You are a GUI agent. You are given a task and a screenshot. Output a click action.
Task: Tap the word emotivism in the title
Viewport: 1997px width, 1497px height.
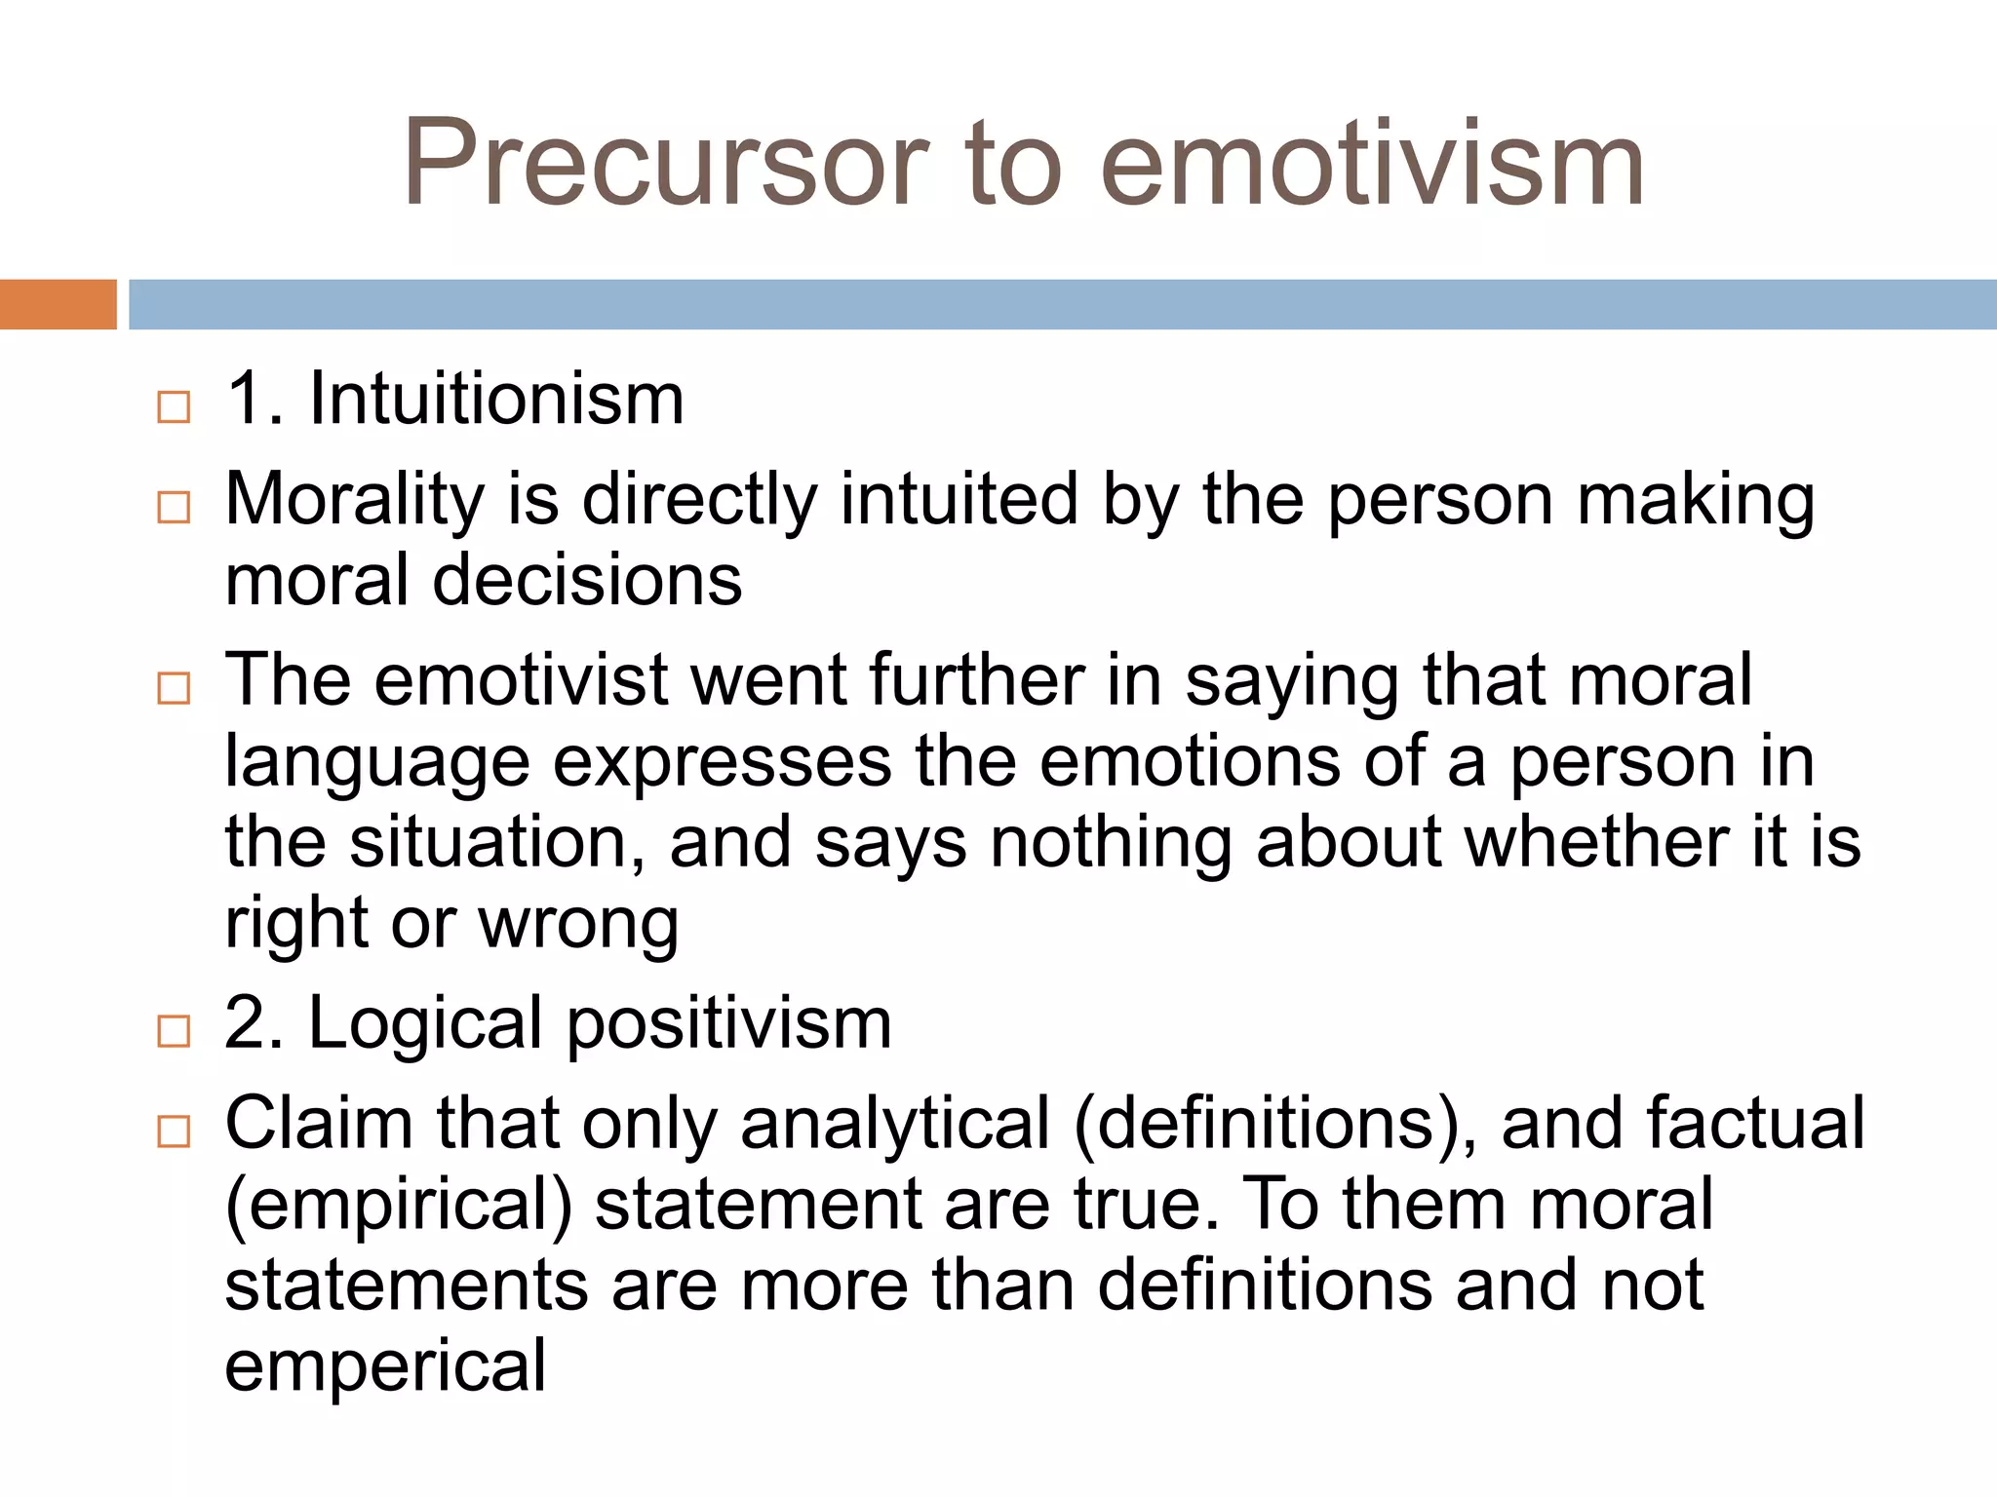[1372, 164]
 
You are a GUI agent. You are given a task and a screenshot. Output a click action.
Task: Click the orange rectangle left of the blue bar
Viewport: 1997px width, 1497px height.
[58, 304]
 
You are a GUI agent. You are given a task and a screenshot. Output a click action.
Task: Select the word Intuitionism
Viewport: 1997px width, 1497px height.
[496, 400]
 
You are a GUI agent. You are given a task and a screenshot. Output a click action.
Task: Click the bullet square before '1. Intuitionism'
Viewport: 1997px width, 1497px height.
[174, 406]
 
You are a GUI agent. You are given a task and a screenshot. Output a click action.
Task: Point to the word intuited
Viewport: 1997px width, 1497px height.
[959, 499]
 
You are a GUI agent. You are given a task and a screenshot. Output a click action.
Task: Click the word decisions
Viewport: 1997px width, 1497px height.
[587, 581]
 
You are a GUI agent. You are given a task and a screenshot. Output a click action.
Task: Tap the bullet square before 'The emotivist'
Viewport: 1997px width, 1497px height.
[174, 688]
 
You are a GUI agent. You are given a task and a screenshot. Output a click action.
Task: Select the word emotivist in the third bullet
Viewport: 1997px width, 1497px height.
[522, 679]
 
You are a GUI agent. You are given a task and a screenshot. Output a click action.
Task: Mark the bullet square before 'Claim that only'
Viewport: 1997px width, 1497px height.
[174, 1131]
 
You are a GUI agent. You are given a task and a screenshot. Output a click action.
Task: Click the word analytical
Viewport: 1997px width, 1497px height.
[895, 1124]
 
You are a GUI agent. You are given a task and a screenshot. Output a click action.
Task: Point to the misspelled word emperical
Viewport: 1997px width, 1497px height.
[385, 1366]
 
